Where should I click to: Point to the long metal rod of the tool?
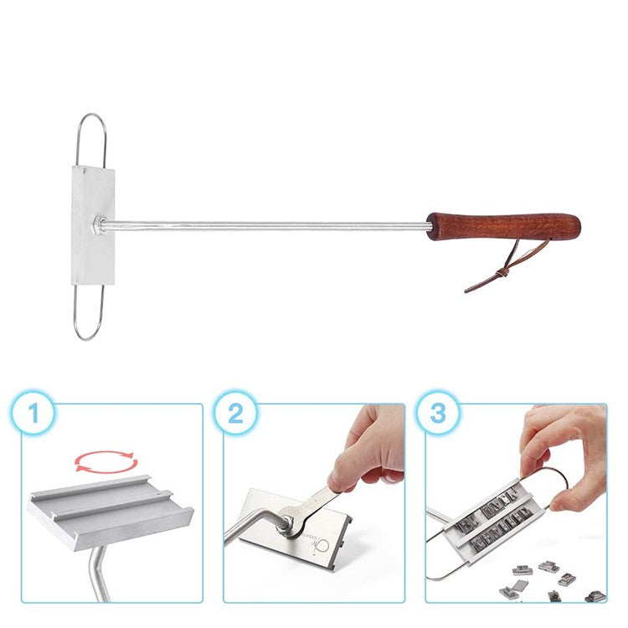[x=268, y=224]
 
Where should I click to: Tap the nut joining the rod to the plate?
[x=101, y=224]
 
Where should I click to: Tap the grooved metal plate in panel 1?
[x=109, y=507]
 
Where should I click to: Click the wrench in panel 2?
[x=306, y=510]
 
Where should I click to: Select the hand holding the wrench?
[x=368, y=452]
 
